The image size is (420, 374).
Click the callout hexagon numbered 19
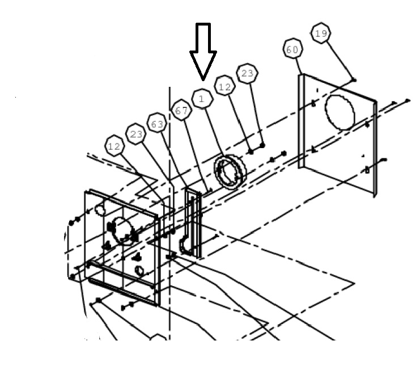(x=321, y=33)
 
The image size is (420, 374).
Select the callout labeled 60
(x=292, y=49)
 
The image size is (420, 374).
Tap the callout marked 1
(x=202, y=99)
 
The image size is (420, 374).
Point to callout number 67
(x=181, y=110)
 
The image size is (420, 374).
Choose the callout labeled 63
(x=157, y=123)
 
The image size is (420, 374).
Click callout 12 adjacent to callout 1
(x=224, y=86)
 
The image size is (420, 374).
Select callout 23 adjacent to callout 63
(x=136, y=133)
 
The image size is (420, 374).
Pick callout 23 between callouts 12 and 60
(x=247, y=73)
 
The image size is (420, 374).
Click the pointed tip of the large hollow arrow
(x=203, y=80)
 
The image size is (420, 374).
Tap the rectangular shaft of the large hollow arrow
(x=203, y=37)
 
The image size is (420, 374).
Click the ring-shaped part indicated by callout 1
(x=230, y=171)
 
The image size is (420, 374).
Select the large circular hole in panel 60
(x=340, y=113)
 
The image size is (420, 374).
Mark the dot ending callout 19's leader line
(x=354, y=79)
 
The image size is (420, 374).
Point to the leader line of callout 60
(x=299, y=66)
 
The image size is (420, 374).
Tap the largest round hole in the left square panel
(x=123, y=230)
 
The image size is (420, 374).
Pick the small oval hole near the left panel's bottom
(x=139, y=271)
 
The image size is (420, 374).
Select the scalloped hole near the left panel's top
(x=100, y=209)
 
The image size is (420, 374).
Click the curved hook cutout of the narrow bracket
(x=185, y=245)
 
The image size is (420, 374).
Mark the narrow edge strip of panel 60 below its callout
(x=301, y=121)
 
